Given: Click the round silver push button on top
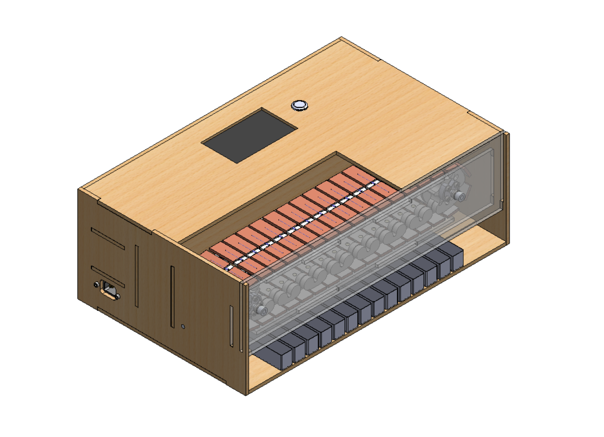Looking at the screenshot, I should tap(299, 105).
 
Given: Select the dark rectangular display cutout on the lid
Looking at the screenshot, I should tap(249, 135).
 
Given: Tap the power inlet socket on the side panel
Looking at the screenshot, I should tap(108, 290).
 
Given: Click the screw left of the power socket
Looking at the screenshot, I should tap(96, 285).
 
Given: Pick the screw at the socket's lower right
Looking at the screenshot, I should tap(118, 297).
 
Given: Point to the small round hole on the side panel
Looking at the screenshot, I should tap(183, 327).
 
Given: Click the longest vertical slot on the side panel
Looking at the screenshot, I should tap(172, 297).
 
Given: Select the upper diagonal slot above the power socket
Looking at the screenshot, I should tap(108, 239).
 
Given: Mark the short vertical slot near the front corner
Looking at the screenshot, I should tap(232, 325).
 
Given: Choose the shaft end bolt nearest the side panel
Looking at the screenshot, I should tap(262, 310).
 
